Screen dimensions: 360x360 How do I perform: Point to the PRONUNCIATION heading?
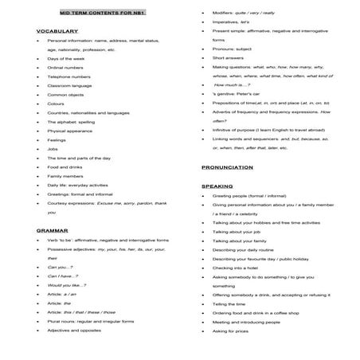[228, 168]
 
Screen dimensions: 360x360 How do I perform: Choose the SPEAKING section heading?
[216, 184]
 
